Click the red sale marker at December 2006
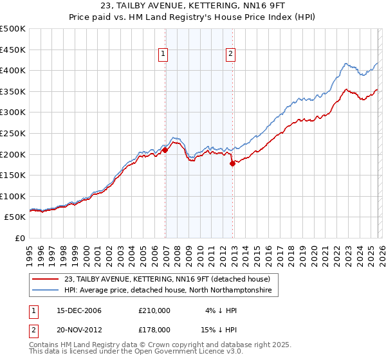pyautogui.click(x=165, y=150)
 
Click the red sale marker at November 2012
pyautogui.click(x=232, y=163)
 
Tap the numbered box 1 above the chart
pyautogui.click(x=164, y=55)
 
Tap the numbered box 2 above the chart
pyautogui.click(x=230, y=55)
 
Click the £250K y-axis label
pyautogui.click(x=14, y=134)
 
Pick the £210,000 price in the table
pyautogui.click(x=154, y=310)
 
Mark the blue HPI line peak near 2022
pyautogui.click(x=346, y=64)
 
